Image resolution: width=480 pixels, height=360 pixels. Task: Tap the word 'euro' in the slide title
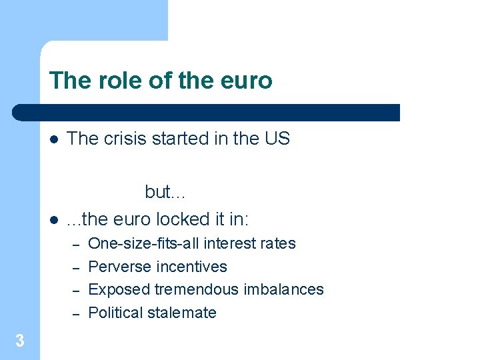[x=248, y=81]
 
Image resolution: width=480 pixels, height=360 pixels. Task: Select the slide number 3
[x=20, y=341]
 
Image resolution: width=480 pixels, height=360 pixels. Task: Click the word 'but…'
[x=166, y=192]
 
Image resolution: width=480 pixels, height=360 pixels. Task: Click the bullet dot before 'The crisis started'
[x=54, y=140]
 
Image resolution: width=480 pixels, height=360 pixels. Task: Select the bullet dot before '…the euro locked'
[x=54, y=220]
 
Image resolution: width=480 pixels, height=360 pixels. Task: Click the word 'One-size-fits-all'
[x=144, y=243]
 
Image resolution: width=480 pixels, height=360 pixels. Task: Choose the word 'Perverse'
[x=118, y=267]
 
